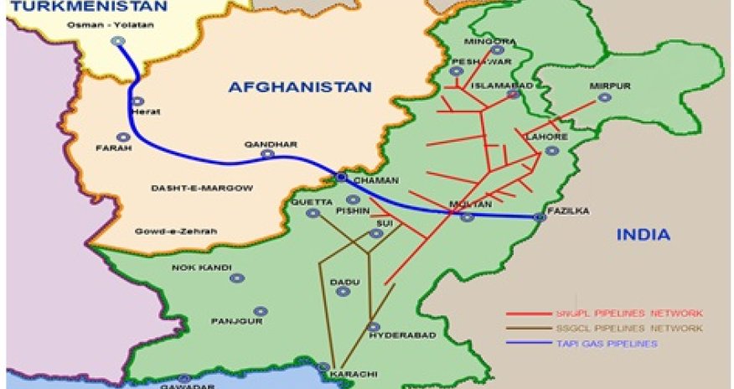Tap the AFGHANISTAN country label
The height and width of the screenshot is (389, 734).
tap(299, 86)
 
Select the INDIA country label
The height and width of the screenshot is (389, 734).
tap(644, 235)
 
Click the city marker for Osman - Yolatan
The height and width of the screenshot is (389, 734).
tap(117, 40)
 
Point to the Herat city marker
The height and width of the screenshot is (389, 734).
tap(136, 101)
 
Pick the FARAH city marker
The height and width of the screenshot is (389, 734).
tap(123, 137)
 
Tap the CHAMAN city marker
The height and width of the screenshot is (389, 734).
tap(342, 178)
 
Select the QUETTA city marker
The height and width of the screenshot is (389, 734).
tap(313, 214)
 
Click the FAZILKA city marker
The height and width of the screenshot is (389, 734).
tap(540, 217)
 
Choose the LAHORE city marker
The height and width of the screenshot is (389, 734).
tap(550, 151)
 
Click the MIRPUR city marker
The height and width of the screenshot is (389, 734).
tap(604, 98)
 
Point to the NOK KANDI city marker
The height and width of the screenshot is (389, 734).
tap(237, 277)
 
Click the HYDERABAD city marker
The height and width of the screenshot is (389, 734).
tap(374, 327)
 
